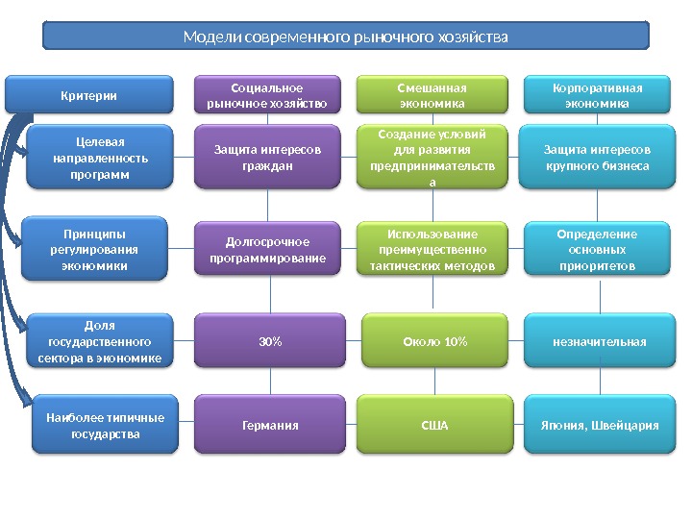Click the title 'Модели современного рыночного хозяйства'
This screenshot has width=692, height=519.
click(x=346, y=37)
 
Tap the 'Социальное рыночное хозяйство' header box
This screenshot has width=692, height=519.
click(x=267, y=95)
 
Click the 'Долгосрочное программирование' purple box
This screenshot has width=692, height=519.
click(x=267, y=250)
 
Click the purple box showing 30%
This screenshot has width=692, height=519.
click(x=267, y=341)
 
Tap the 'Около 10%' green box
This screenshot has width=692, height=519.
click(x=434, y=341)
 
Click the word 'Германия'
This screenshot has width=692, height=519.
click(x=267, y=424)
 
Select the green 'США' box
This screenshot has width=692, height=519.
click(x=434, y=424)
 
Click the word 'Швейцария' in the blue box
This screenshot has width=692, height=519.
click(x=627, y=424)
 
